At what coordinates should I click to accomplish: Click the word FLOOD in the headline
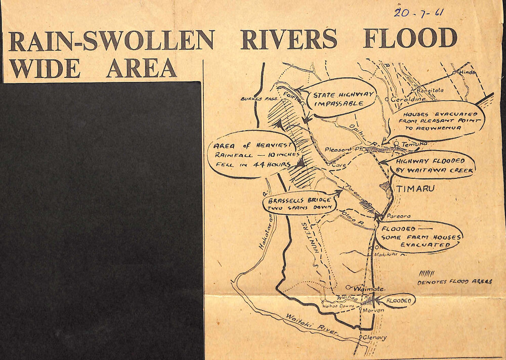410,38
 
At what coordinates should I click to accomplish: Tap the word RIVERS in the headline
288,39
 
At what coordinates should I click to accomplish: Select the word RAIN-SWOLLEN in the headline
111,40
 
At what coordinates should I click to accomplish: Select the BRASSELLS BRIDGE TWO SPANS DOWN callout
299,203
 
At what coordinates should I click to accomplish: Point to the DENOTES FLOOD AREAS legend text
454,282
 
